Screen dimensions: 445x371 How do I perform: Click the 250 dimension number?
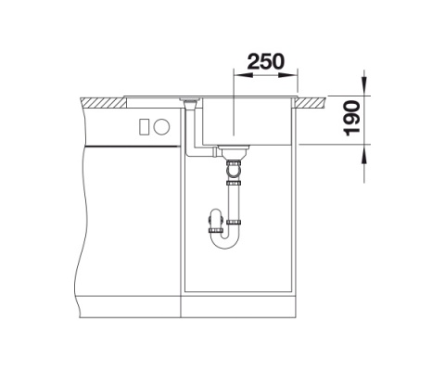point(265,61)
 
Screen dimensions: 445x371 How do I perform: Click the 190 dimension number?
point(351,119)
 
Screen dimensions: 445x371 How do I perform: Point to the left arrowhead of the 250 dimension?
point(244,75)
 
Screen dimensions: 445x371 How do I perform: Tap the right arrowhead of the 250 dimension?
point(287,75)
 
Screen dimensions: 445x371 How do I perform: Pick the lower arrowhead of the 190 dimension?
point(364,154)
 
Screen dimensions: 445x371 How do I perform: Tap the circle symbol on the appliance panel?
point(162,127)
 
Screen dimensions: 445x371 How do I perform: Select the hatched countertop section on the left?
point(103,103)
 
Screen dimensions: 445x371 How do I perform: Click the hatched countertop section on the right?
point(311,102)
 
